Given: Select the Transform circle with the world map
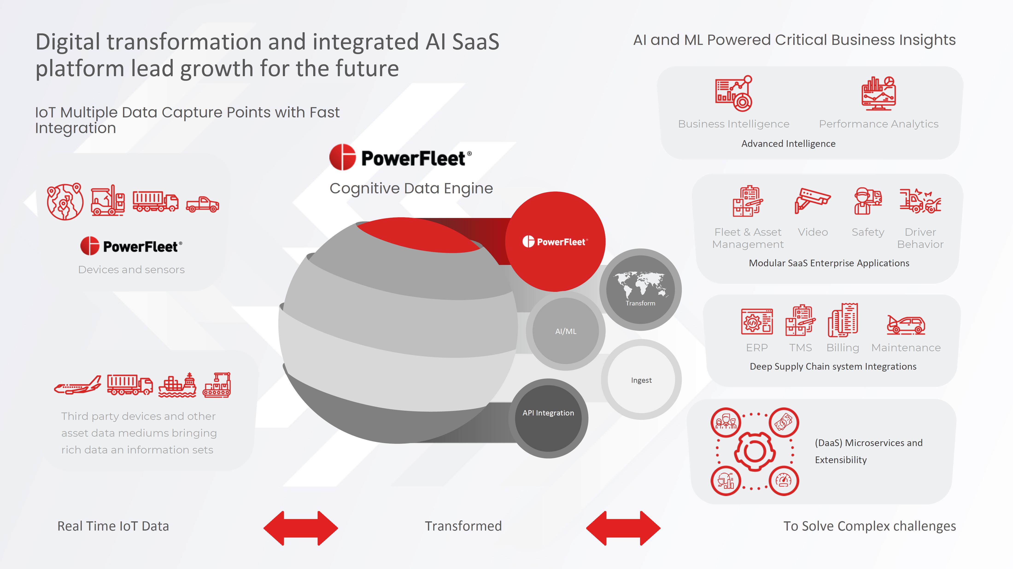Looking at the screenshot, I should click(x=640, y=290).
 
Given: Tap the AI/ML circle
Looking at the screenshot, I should click(x=565, y=331).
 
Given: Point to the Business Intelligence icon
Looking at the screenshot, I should click(x=733, y=93).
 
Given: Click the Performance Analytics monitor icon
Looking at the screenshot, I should click(x=878, y=93).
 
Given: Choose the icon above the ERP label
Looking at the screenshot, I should click(x=757, y=321).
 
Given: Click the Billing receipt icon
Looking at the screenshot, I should click(x=843, y=320).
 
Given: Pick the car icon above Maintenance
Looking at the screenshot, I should click(x=906, y=325).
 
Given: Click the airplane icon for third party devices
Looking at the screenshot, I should click(x=77, y=385).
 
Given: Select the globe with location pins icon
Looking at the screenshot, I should click(x=65, y=201).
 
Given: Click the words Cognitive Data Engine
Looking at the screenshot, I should click(x=411, y=188).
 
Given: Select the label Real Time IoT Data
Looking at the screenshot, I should click(x=113, y=526).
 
